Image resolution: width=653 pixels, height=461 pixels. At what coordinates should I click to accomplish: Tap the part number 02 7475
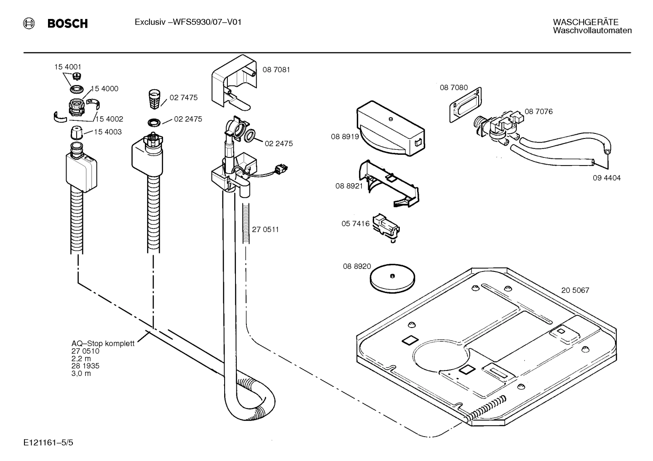[x=183, y=97]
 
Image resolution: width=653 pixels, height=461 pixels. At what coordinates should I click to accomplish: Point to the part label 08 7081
[x=276, y=70]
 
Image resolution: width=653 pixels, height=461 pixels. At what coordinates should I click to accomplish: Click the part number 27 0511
[x=265, y=229]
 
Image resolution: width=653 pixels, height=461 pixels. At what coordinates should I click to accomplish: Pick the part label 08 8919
[x=345, y=136]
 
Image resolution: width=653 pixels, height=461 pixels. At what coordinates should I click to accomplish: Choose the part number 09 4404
[x=606, y=178]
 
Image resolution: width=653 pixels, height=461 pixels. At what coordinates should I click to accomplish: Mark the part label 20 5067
[x=575, y=290]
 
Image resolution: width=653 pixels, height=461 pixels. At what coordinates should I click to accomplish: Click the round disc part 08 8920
[x=392, y=277]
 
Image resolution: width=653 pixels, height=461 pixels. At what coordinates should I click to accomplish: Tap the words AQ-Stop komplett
[x=103, y=343]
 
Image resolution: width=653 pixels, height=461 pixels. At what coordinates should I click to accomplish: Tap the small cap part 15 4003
[x=77, y=133]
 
